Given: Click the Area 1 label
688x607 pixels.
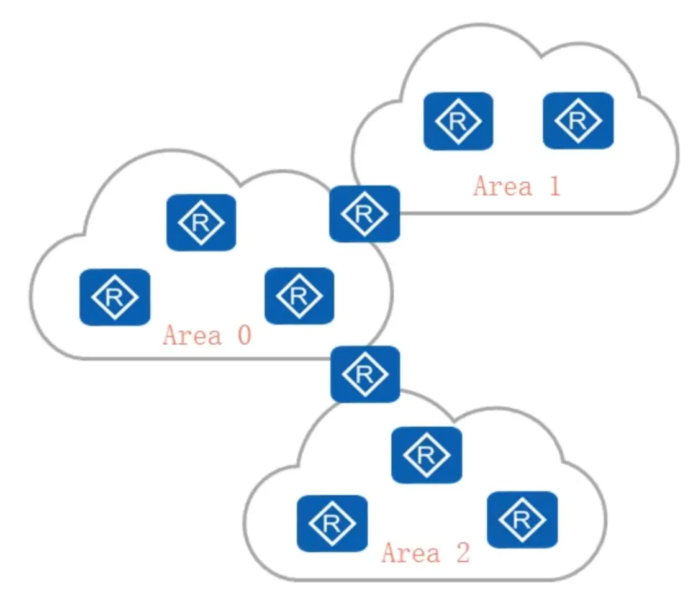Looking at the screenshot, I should point(517,186).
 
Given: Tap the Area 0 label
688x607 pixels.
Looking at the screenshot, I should point(207,335).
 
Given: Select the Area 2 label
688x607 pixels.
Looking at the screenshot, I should point(426,552).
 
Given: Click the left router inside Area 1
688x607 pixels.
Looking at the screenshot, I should point(458,121).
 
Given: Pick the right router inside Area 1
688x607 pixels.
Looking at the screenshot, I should point(577,121).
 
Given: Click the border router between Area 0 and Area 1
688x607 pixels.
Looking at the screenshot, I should point(364,213).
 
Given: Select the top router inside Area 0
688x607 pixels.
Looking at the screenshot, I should point(201,222).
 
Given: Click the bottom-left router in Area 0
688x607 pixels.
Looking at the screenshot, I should point(115,296).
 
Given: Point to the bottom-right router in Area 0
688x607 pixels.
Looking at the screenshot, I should point(299,295).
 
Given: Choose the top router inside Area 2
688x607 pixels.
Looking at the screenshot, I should point(426,455).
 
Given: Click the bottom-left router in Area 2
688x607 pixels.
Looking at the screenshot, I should point(332,523).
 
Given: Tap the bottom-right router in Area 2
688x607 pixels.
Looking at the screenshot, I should point(522,519).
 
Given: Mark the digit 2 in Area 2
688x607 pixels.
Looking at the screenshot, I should point(462,552).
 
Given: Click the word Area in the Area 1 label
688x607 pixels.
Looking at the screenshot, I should point(502,186).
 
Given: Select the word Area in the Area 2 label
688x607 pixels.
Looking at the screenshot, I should point(410,552).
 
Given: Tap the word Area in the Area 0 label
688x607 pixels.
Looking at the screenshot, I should point(192,335).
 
